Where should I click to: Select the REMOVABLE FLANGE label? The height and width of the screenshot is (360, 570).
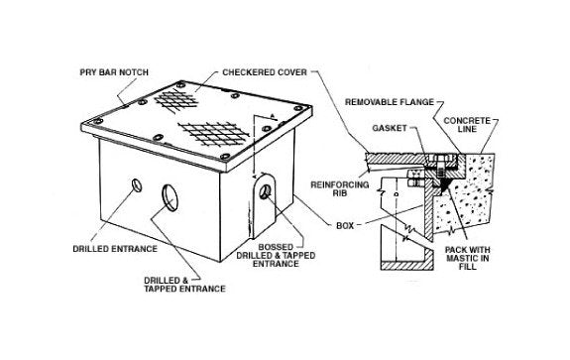(x=395, y=100)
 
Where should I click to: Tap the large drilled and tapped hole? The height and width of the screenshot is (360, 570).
(x=164, y=189)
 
